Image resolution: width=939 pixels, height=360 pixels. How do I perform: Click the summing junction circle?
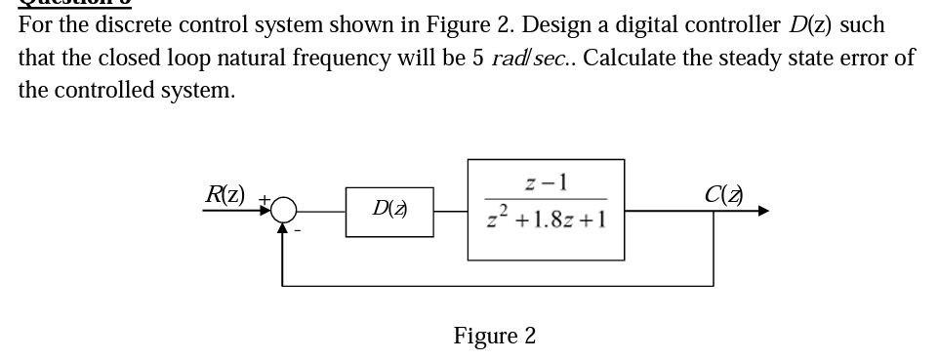pyautogui.click(x=284, y=209)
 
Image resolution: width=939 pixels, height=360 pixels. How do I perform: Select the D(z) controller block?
pyautogui.click(x=389, y=210)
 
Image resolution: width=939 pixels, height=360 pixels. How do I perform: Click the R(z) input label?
pyautogui.click(x=225, y=193)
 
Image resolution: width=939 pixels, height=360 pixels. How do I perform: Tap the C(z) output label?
pyautogui.click(x=723, y=193)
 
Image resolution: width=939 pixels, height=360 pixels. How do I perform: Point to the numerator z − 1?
pyautogui.click(x=546, y=182)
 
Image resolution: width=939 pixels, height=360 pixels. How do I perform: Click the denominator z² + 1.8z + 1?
pyautogui.click(x=546, y=219)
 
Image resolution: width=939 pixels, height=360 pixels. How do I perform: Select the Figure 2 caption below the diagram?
pyautogui.click(x=494, y=336)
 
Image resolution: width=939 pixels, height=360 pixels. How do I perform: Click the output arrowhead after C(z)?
pyautogui.click(x=761, y=210)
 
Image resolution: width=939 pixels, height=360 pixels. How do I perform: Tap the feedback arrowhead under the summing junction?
pyautogui.click(x=283, y=228)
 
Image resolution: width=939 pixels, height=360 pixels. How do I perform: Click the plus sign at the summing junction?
pyautogui.click(x=263, y=199)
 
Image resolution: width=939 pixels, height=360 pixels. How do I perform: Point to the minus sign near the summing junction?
pyautogui.click(x=297, y=230)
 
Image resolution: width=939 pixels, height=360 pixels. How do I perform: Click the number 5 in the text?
pyautogui.click(x=478, y=58)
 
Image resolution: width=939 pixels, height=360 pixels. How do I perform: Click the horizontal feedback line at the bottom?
pyautogui.click(x=498, y=285)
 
